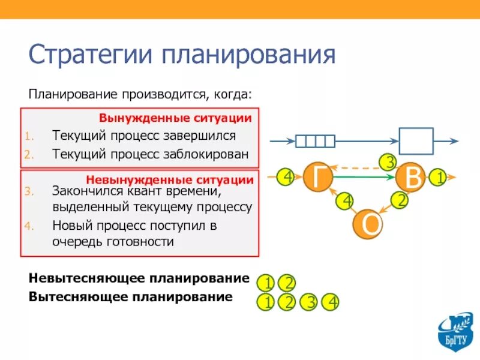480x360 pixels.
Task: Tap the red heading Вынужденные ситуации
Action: click(175, 118)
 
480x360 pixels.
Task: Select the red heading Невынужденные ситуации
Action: click(170, 179)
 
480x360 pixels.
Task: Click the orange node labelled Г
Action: click(319, 177)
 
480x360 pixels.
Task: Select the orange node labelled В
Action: click(412, 178)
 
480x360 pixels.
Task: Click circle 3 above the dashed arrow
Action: click(389, 162)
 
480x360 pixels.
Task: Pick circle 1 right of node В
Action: click(439, 178)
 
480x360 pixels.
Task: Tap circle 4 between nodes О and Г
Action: click(345, 201)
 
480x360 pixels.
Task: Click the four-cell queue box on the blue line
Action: click(315, 141)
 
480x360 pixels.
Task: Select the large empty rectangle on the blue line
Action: click(416, 141)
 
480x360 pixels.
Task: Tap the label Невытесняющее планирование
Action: click(139, 278)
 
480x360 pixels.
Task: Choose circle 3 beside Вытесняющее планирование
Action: click(309, 302)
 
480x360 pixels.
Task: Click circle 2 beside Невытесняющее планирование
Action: click(288, 283)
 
